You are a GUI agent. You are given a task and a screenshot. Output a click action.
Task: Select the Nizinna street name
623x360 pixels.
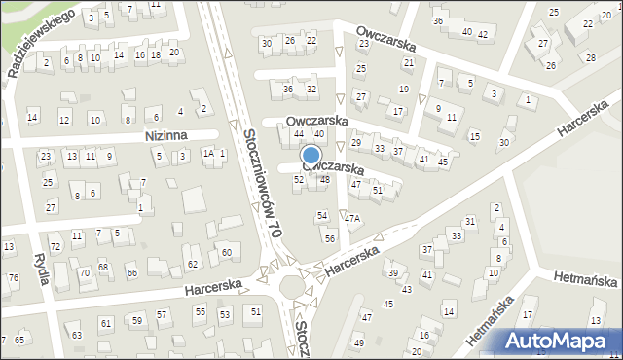[x=165, y=136]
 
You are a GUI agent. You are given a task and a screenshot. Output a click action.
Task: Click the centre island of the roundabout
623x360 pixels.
[x=289, y=287]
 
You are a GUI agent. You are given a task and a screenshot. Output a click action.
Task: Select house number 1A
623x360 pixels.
[x=207, y=154]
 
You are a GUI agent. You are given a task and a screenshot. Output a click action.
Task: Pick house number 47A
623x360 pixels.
[x=352, y=219]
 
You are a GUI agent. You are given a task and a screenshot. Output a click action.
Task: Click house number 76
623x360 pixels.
[x=13, y=278]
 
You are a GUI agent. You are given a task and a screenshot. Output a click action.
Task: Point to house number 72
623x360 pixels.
[x=55, y=248]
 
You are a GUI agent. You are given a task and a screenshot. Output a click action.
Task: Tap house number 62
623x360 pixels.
[x=193, y=264]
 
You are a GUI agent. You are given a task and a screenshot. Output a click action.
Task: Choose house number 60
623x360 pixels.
[x=226, y=253]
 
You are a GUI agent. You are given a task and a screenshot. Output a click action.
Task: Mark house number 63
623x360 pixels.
[x=77, y=336]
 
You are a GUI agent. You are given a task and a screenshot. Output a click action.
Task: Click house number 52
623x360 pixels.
[x=299, y=180]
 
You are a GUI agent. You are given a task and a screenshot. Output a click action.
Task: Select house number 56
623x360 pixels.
[x=331, y=238]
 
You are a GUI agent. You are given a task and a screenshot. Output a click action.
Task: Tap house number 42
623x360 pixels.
[x=483, y=35]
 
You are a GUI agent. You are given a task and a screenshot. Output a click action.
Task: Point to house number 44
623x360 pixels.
[x=299, y=133]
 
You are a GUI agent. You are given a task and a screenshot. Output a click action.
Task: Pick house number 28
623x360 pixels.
[x=591, y=58]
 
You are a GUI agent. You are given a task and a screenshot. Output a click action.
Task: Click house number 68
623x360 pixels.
[x=103, y=267]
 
